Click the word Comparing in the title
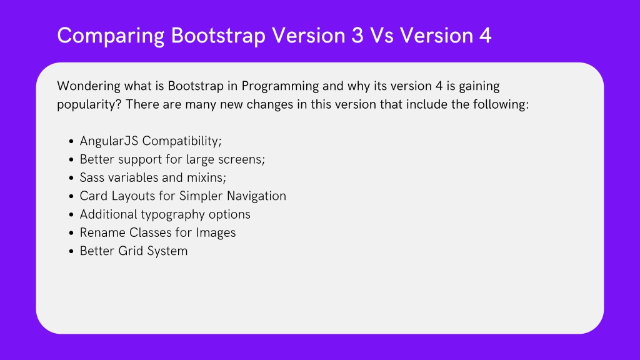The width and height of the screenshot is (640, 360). click(111, 36)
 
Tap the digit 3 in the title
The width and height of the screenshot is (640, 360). click(357, 35)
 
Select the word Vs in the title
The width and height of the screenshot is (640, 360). click(382, 35)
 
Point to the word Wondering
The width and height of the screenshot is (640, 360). click(89, 86)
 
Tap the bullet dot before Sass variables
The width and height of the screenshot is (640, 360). click(71, 178)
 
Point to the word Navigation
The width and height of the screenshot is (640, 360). click(256, 196)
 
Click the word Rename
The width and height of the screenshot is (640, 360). click(103, 232)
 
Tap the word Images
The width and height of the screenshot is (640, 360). click(216, 233)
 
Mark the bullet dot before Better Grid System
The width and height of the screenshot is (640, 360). click(71, 251)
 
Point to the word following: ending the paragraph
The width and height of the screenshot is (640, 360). click(501, 104)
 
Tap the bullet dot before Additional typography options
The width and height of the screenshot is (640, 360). click(71, 215)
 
